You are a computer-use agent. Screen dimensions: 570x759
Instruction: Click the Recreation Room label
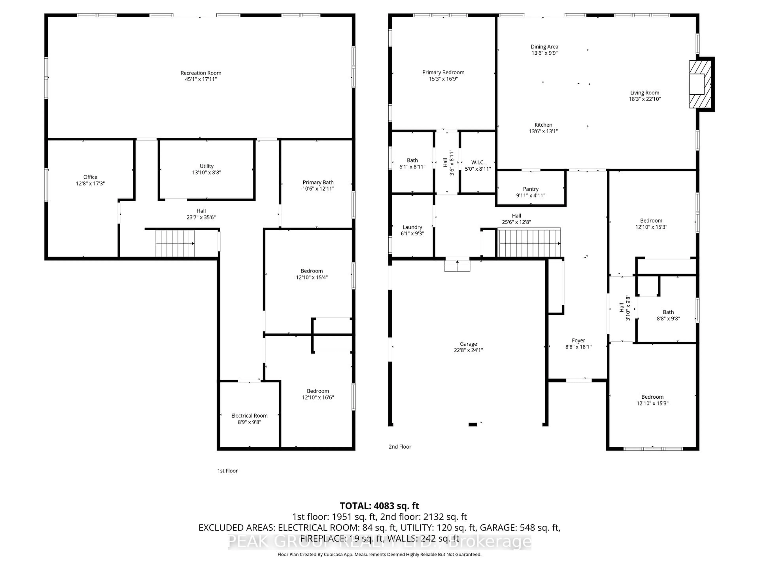(201, 73)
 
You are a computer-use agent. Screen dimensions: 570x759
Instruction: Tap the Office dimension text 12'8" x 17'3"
(90, 183)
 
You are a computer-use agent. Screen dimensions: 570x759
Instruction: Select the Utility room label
(207, 166)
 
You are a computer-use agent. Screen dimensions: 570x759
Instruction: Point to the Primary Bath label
(318, 182)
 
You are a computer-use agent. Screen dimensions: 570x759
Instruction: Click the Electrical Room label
(249, 415)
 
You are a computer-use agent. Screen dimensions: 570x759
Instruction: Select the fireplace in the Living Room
(700, 84)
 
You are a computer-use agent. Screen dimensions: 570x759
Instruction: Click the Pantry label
(531, 189)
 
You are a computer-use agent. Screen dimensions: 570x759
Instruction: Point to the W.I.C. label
(478, 162)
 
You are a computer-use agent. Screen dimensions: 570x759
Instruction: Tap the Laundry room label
(412, 227)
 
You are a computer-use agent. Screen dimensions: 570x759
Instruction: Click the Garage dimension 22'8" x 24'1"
(468, 350)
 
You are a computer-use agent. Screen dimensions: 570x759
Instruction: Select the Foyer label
(578, 340)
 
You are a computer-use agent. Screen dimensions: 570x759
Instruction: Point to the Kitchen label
(543, 125)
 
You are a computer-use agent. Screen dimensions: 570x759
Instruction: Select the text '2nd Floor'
(400, 447)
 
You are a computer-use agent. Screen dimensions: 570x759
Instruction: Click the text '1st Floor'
(227, 471)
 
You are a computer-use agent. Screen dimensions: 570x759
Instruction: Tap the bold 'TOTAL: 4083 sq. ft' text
(379, 506)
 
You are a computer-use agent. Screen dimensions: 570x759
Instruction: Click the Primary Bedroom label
(443, 72)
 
